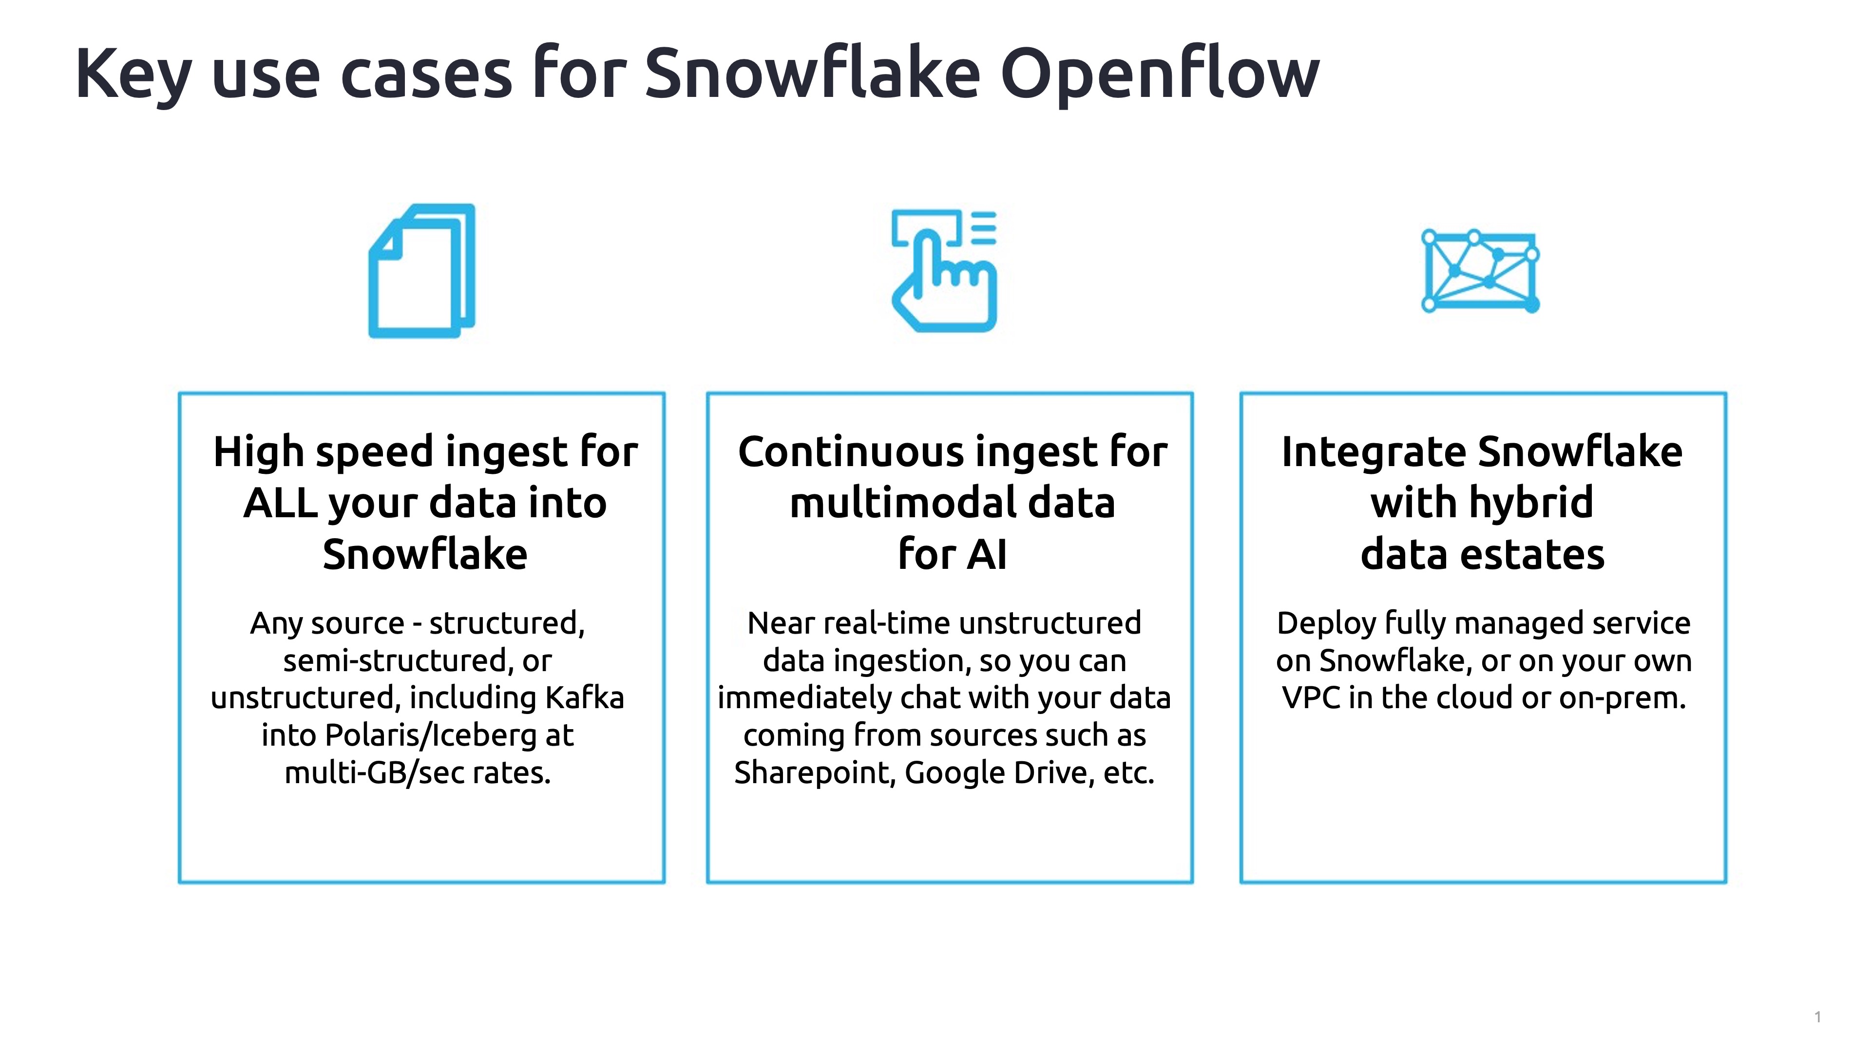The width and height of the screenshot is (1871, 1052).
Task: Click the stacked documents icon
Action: (x=422, y=271)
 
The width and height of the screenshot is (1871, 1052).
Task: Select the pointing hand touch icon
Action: (x=944, y=271)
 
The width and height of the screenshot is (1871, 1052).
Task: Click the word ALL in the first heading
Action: (x=280, y=503)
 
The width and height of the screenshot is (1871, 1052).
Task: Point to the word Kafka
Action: (x=585, y=698)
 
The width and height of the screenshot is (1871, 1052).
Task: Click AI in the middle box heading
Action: (x=987, y=555)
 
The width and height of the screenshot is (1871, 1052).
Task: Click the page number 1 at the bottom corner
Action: (x=1817, y=1016)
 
